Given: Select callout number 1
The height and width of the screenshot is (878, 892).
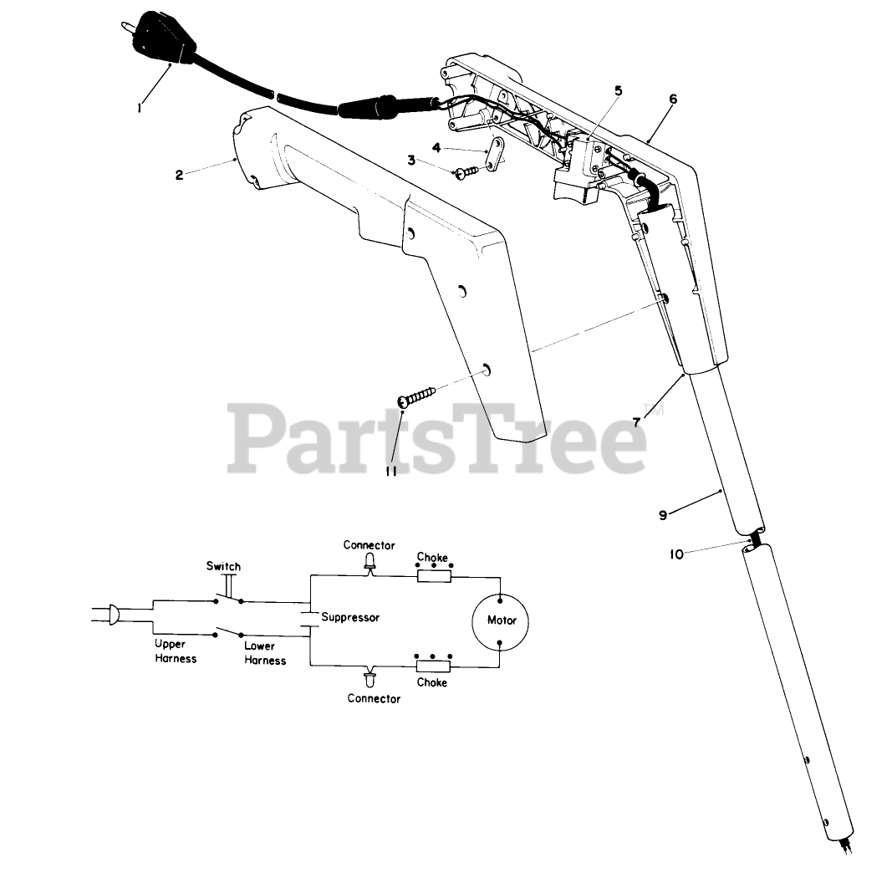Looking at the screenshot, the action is pyautogui.click(x=140, y=106).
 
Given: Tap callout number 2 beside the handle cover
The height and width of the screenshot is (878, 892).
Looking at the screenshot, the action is pyautogui.click(x=179, y=175).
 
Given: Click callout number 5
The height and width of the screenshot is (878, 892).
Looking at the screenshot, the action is pyautogui.click(x=618, y=90).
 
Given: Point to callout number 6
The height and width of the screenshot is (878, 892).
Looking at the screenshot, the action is pyautogui.click(x=673, y=99).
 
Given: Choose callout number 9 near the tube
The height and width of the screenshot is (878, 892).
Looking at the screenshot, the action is pyautogui.click(x=663, y=515).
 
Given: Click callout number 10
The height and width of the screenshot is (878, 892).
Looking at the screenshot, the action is pyautogui.click(x=676, y=554).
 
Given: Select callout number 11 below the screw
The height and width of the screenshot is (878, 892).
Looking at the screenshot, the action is pyautogui.click(x=390, y=471).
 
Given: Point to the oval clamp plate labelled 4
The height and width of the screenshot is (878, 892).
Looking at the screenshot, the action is pyautogui.click(x=497, y=155).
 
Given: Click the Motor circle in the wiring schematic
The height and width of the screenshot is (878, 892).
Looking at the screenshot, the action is pyautogui.click(x=502, y=620).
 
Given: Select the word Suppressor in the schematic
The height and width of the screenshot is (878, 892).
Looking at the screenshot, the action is pyautogui.click(x=350, y=618).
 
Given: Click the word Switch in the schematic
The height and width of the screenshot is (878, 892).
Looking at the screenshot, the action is pyautogui.click(x=223, y=566).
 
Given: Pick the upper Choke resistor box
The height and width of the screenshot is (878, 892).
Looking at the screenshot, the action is pyautogui.click(x=433, y=575).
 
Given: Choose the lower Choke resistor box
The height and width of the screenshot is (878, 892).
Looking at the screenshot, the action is pyautogui.click(x=433, y=666).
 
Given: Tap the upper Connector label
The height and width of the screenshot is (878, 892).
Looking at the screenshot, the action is pyautogui.click(x=369, y=545).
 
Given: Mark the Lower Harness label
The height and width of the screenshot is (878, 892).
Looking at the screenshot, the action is pyautogui.click(x=265, y=653).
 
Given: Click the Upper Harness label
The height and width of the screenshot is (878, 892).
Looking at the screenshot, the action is pyautogui.click(x=176, y=651).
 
